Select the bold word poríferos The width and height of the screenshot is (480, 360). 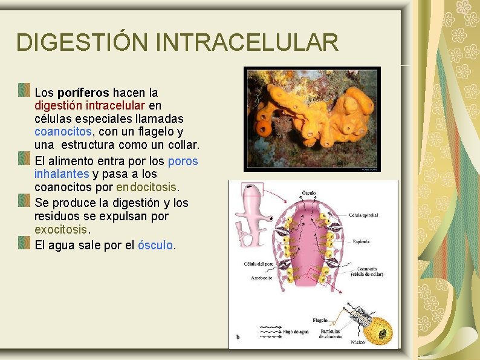83,93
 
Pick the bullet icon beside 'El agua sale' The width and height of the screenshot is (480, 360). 24,243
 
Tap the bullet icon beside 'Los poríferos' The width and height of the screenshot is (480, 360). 24,90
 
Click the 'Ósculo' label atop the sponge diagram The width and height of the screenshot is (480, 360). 308,194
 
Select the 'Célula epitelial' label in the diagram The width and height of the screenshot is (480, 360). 363,215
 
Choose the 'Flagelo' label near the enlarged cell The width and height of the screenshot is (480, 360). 320,320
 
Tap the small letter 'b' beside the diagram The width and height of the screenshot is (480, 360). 238,337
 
